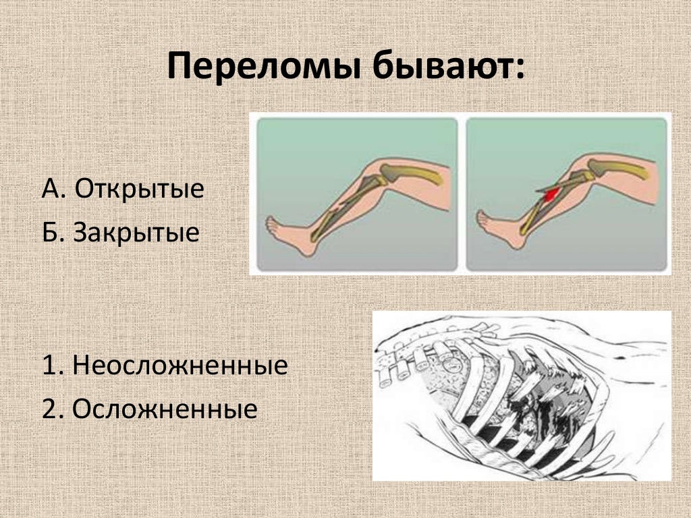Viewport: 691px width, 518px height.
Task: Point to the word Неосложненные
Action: pyautogui.click(x=180, y=366)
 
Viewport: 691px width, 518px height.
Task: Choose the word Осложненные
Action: pyautogui.click(x=165, y=409)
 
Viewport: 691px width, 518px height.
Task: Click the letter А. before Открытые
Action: pyautogui.click(x=54, y=190)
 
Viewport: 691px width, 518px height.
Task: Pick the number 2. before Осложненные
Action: pyautogui.click(x=53, y=409)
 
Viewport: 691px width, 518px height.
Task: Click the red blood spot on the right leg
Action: pyautogui.click(x=551, y=194)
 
